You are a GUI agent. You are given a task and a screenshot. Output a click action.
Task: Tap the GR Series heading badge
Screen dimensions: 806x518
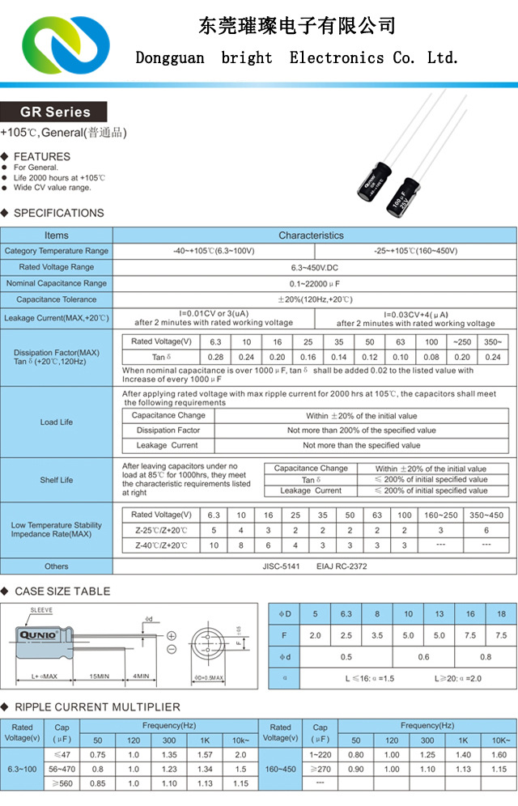pyautogui.click(x=55, y=112)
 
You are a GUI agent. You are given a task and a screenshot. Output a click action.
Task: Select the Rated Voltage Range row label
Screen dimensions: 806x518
pyautogui.click(x=57, y=267)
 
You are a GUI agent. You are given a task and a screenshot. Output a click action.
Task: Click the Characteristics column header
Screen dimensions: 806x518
pyautogui.click(x=311, y=235)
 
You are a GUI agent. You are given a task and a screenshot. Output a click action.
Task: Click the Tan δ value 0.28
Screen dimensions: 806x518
pyautogui.click(x=216, y=357)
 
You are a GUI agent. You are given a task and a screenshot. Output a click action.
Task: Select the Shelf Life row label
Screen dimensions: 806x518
pyautogui.click(x=57, y=480)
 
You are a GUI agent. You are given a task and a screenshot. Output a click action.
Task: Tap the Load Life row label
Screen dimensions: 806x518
pyautogui.click(x=57, y=422)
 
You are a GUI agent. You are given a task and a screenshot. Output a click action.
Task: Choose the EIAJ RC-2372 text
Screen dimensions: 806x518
pyautogui.click(x=342, y=566)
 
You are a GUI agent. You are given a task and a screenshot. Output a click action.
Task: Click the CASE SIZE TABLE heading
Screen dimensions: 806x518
pyautogui.click(x=62, y=592)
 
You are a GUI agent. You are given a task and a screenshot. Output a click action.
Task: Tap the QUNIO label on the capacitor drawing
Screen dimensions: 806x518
pyautogui.click(x=37, y=636)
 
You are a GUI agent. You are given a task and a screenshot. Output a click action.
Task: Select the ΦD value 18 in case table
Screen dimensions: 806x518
pyautogui.click(x=501, y=613)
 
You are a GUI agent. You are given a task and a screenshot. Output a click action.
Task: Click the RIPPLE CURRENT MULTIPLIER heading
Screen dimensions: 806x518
pyautogui.click(x=97, y=706)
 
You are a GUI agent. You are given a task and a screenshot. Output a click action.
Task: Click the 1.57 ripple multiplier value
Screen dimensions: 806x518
pyautogui.click(x=205, y=755)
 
